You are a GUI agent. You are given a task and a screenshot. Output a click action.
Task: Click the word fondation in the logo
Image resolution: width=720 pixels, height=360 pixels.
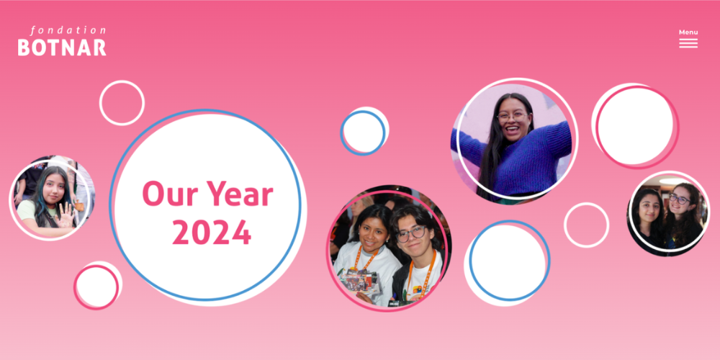pos(68,31)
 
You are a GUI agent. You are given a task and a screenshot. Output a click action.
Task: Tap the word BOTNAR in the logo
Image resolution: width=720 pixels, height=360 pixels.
pos(62,48)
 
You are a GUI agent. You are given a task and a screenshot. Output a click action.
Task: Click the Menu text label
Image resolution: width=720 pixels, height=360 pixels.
pos(688,32)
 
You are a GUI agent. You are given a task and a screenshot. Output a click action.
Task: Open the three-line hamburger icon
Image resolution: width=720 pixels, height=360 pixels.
pos(688,43)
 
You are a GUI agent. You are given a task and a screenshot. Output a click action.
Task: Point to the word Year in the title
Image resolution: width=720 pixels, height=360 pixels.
pos(239,193)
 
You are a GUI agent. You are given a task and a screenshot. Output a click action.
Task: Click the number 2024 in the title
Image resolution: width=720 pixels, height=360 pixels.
pos(212,232)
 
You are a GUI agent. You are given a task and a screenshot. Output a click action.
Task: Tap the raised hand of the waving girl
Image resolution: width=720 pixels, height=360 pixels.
pos(66,215)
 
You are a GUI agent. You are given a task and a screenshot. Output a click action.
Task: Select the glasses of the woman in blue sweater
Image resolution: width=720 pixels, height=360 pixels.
pos(513,117)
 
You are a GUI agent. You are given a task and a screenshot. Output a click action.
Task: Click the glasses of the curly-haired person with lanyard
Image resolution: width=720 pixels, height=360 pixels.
pos(411,234)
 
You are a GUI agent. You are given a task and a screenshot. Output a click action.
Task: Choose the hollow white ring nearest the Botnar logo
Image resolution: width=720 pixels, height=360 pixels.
pos(122,81)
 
